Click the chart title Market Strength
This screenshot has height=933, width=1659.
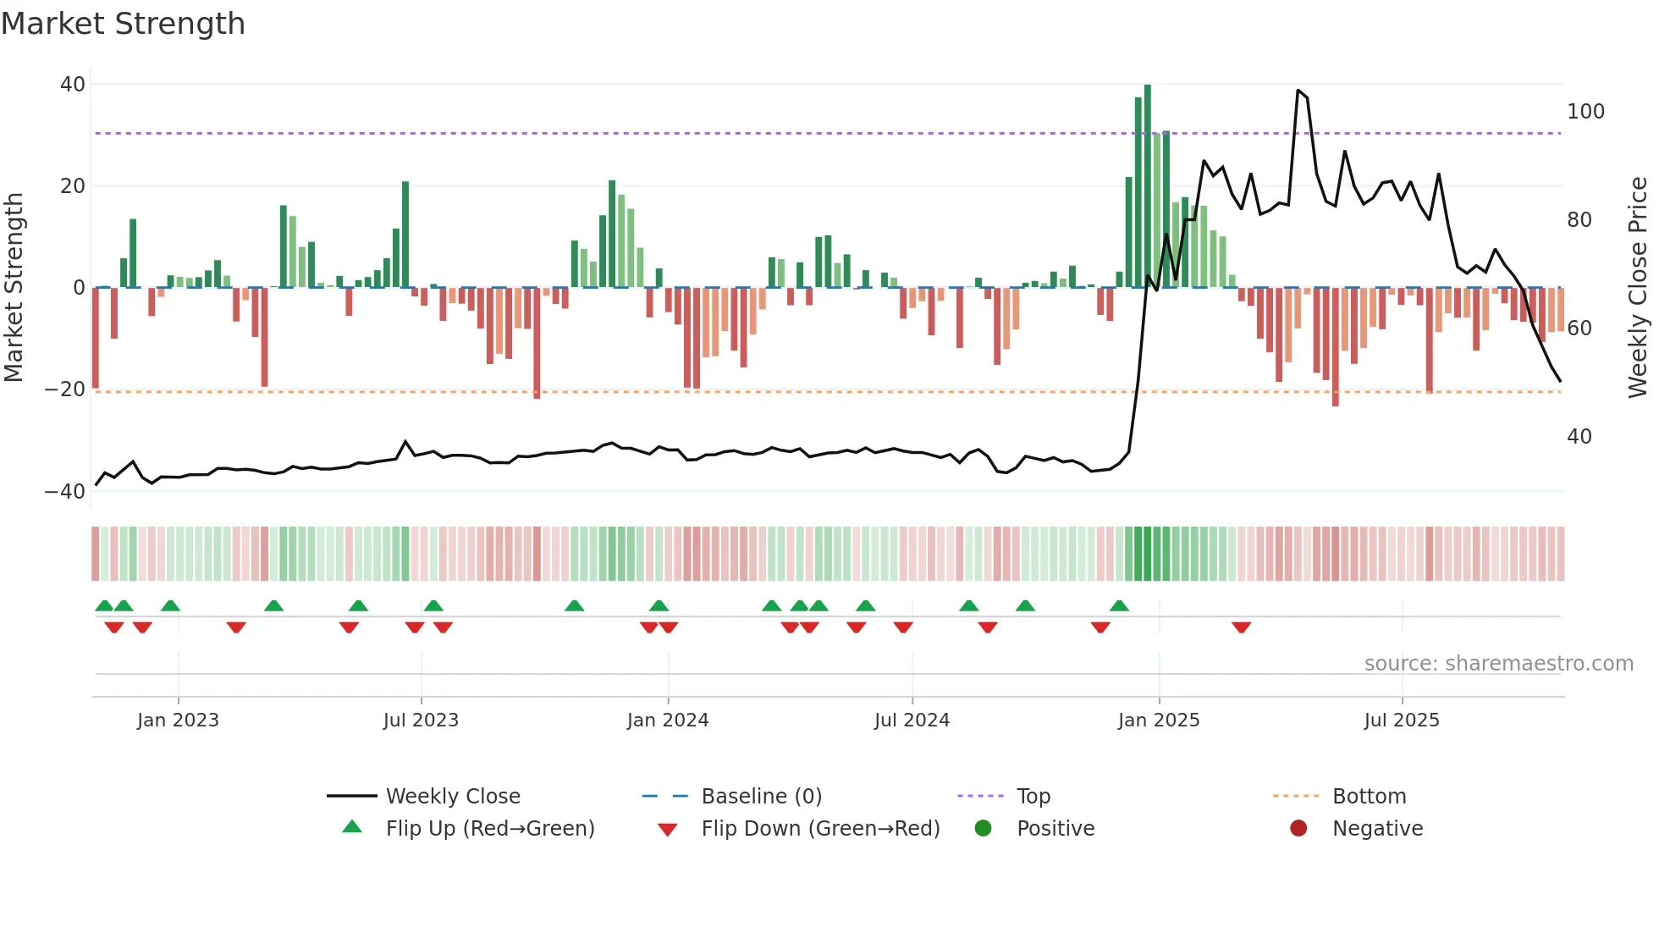[123, 24]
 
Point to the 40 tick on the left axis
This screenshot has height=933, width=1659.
[73, 85]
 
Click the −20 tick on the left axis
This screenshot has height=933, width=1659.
[65, 389]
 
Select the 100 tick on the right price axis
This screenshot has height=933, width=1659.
[1585, 112]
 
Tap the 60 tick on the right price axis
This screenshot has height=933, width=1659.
[1579, 328]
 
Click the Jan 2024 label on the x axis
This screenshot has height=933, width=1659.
[667, 720]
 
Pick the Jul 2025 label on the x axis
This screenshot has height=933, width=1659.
[1401, 720]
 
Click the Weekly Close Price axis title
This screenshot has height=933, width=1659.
[1638, 287]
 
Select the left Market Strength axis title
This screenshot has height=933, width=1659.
[14, 287]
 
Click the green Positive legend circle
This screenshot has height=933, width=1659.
[983, 829]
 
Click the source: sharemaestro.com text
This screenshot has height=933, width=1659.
[1498, 664]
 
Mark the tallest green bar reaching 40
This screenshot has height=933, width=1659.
[1148, 186]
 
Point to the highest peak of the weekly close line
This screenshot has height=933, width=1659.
[1298, 91]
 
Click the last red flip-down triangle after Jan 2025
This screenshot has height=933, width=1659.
[1241, 627]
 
